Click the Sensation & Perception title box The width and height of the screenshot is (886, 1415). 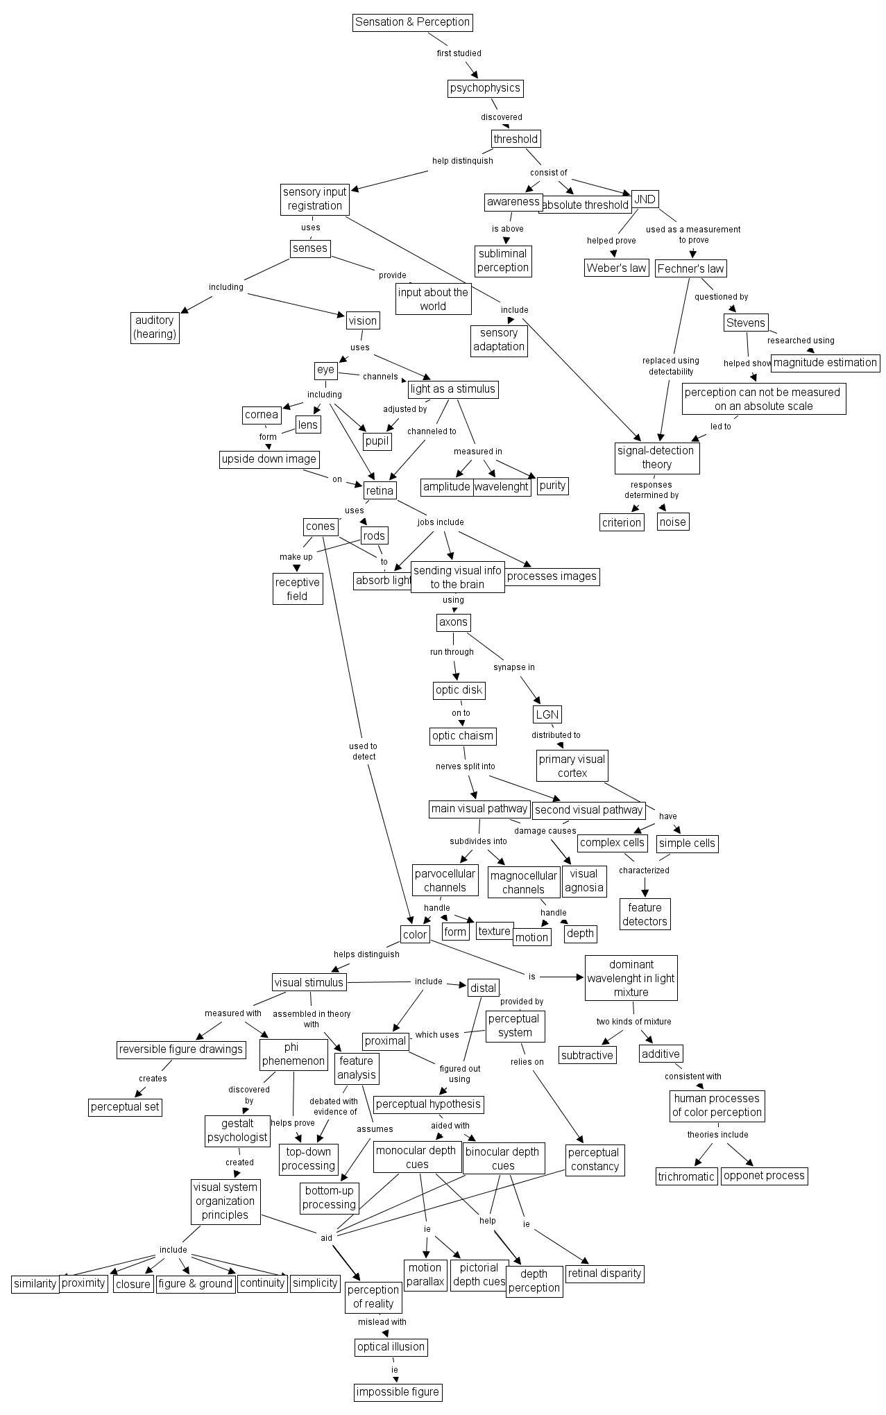coord(413,22)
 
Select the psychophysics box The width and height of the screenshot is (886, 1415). coord(484,88)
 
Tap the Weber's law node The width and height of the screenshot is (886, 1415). coord(616,268)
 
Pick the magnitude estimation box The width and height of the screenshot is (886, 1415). coord(825,362)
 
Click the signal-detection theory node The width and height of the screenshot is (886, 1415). coord(656,458)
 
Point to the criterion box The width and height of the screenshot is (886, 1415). coord(622,522)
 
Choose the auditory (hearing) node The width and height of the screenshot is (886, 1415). coord(155,327)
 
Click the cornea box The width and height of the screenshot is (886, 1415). coord(262,415)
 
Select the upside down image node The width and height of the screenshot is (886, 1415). coord(269,459)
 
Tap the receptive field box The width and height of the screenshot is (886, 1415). coord(297,589)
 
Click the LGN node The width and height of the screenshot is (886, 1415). coord(547,714)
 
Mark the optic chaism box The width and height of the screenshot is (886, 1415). coord(463,736)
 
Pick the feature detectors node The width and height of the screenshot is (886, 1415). coord(645,914)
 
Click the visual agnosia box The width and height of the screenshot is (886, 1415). coord(584,881)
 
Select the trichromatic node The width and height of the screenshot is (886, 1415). coord(686,1176)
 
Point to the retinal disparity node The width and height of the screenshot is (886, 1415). coord(605,1273)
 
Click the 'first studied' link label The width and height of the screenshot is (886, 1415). coord(459,53)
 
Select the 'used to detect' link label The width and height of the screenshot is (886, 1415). coord(364,751)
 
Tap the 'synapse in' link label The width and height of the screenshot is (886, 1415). coord(514,667)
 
